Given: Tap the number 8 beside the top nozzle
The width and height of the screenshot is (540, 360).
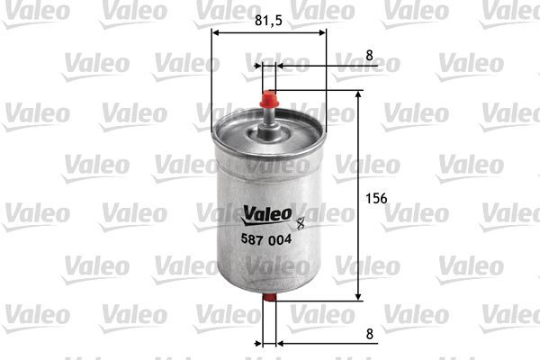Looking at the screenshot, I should click(369, 55).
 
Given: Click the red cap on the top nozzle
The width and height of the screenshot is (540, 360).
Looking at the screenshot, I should click(269, 97).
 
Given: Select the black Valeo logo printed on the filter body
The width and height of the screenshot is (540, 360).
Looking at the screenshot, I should click(266, 214).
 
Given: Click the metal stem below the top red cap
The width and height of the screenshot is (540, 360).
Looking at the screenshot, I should click(269, 121).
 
